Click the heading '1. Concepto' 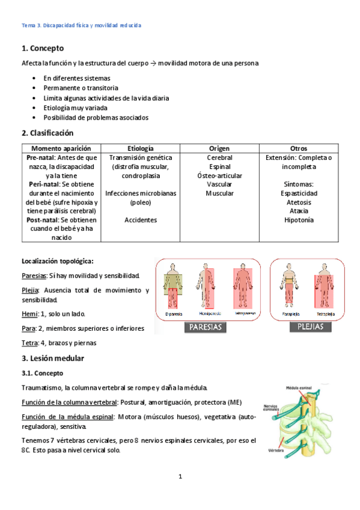(x=43, y=48)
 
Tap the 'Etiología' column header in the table (x=141, y=148)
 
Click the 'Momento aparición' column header (x=61, y=148)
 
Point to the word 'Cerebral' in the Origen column (x=219, y=157)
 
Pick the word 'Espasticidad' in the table (x=299, y=193)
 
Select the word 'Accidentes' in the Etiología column (x=141, y=220)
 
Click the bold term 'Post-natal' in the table (x=41, y=220)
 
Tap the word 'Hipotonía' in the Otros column (x=299, y=220)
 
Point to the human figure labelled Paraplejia (x=290, y=286)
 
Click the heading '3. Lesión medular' (x=53, y=358)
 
